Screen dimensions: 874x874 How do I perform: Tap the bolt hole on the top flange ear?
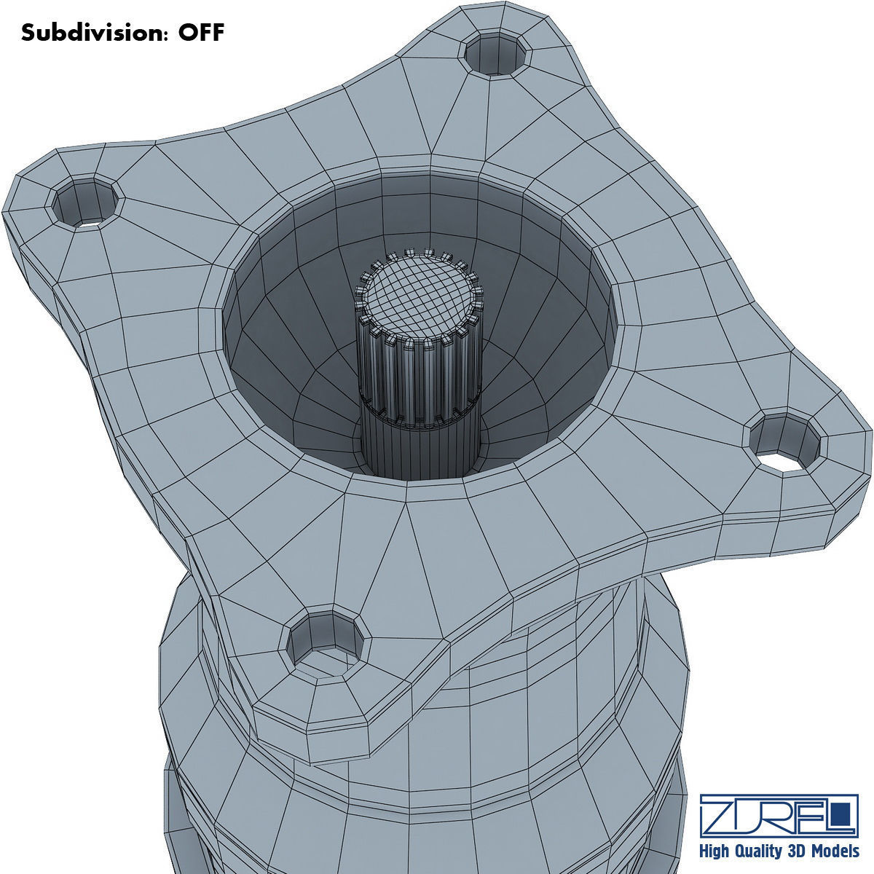495,55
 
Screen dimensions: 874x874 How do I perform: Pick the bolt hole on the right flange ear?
785,444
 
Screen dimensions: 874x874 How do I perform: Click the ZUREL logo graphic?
779,816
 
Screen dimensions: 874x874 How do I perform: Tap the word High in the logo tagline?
716,851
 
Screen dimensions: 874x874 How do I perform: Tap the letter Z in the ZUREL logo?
718,816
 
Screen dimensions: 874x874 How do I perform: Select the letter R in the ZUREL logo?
783,816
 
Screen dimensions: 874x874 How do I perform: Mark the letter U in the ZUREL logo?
750,816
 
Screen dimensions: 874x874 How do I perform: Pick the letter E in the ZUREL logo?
812,816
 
